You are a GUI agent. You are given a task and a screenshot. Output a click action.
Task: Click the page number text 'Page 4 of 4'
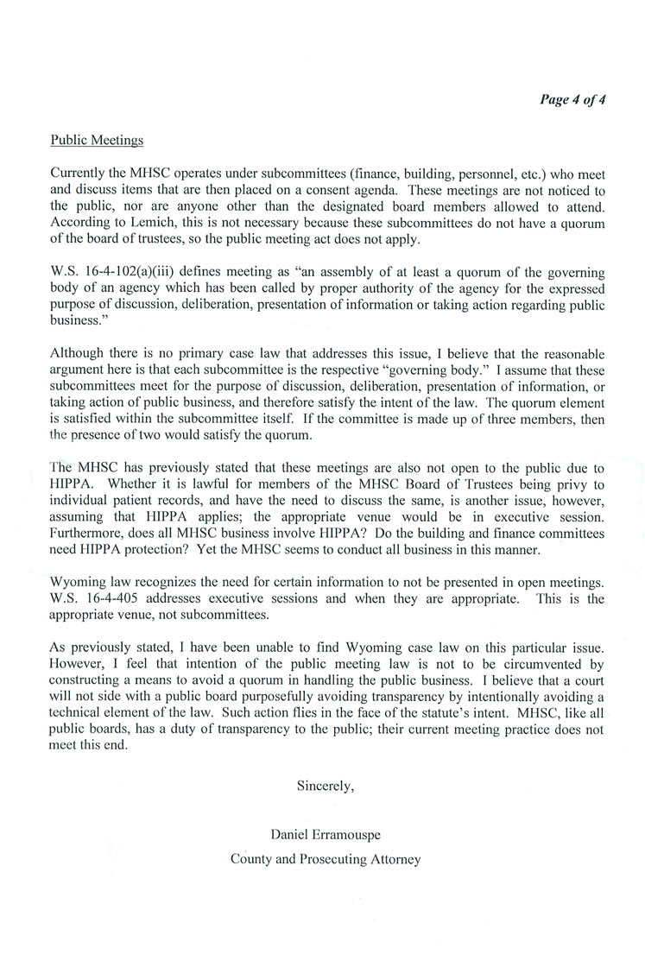pyautogui.click(x=572, y=98)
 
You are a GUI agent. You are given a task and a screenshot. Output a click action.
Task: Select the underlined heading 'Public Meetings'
pyautogui.click(x=97, y=139)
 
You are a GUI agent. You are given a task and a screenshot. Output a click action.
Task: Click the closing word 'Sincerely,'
pyautogui.click(x=326, y=786)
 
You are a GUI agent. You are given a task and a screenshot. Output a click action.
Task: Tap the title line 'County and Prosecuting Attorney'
pyautogui.click(x=326, y=859)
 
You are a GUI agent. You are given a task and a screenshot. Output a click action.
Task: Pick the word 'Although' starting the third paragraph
pyautogui.click(x=77, y=353)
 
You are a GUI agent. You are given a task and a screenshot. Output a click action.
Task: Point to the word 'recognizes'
pyautogui.click(x=157, y=582)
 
